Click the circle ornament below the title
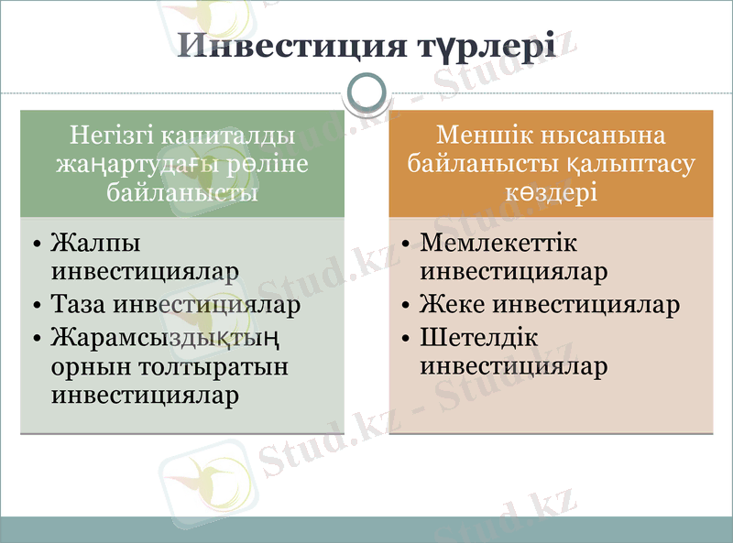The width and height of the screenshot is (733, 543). (x=366, y=92)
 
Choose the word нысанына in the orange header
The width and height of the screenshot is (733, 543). (x=601, y=136)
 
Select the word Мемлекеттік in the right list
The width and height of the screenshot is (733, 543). (x=499, y=244)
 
